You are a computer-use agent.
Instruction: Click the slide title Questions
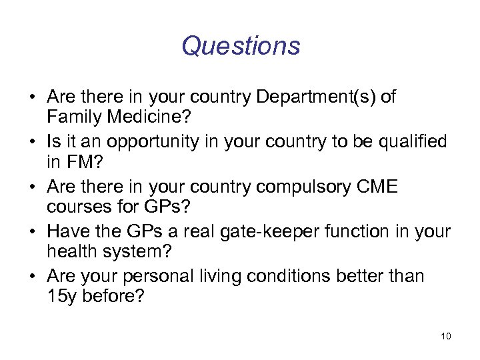[241, 46]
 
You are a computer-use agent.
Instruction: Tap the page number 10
[445, 336]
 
